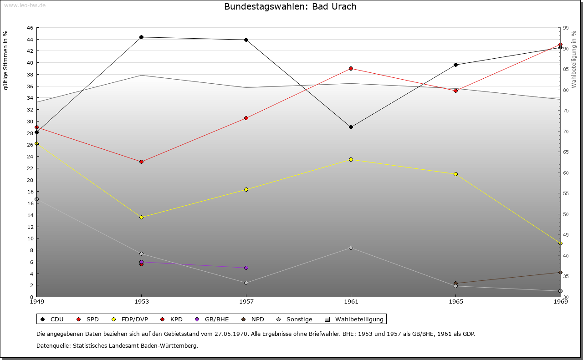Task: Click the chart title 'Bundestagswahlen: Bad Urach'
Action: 290,7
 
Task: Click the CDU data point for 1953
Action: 141,37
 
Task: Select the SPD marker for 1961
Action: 351,68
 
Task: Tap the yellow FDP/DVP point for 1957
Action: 246,189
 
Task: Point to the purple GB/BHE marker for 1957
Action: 246,268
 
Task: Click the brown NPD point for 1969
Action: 560,272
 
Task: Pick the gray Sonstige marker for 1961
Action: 351,248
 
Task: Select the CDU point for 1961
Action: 351,127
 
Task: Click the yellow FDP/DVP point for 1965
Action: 455,174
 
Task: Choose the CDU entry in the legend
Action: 52,319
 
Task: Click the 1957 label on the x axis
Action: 246,301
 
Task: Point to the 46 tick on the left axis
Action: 30,28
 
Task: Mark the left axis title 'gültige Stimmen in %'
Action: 6,60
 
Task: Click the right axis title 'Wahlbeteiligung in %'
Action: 574,59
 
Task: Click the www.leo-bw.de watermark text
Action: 25,5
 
